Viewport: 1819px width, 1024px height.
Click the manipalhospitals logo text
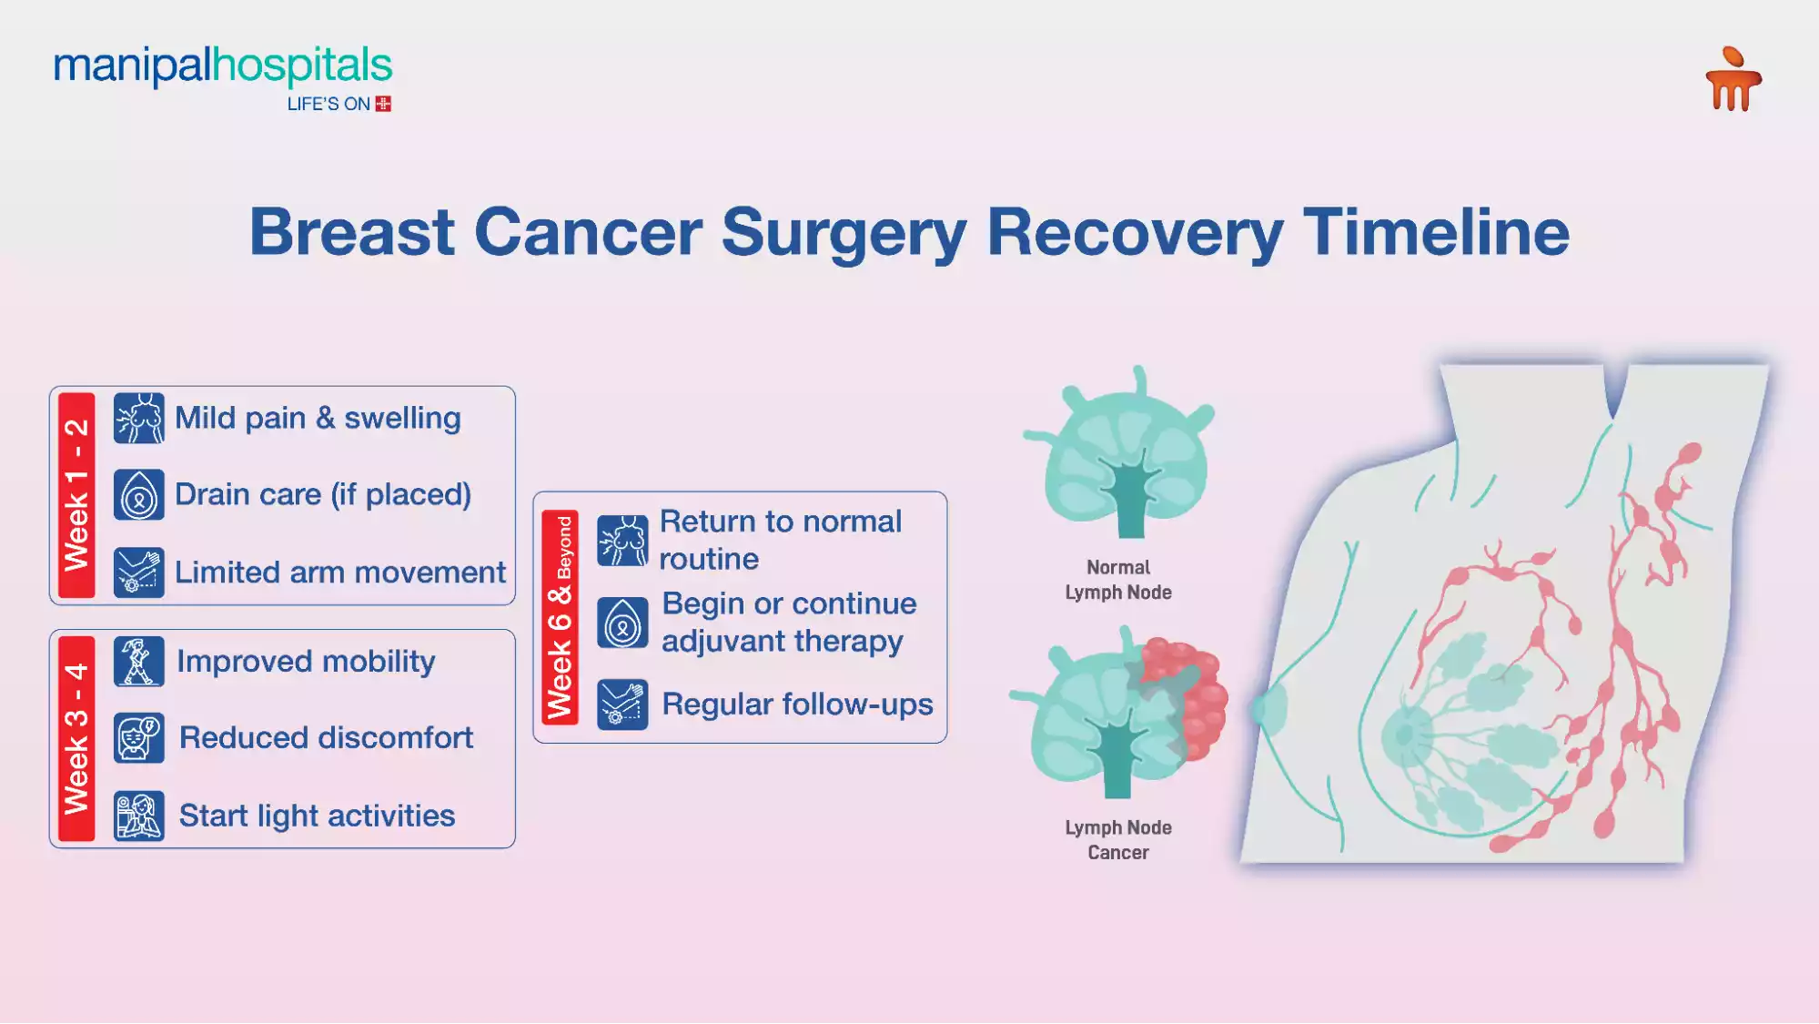click(223, 66)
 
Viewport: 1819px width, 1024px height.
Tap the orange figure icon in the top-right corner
click(1733, 80)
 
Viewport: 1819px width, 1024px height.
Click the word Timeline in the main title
click(1435, 232)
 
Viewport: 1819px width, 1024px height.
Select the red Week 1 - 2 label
click(76, 495)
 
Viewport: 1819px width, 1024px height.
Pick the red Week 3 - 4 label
click(76, 738)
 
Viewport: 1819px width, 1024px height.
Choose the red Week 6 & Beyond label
click(560, 617)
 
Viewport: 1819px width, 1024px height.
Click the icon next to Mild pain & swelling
click(139, 419)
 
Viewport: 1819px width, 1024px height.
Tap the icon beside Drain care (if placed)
click(139, 495)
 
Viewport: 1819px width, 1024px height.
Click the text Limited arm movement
click(339, 573)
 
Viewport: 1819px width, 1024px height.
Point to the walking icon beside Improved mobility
click(139, 662)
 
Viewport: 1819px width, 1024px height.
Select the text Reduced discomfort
click(326, 738)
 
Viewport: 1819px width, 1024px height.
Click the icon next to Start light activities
click(139, 816)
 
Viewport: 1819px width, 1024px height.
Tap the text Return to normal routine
click(780, 540)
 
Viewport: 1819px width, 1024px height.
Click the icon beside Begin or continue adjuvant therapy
click(622, 624)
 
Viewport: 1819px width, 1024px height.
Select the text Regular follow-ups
click(797, 705)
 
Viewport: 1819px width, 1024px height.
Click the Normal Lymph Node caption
click(1117, 580)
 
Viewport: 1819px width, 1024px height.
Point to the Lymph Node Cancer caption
click(1117, 840)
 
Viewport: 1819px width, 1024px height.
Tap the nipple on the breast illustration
click(1269, 707)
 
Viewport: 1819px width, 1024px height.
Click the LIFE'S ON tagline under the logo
click(329, 105)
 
